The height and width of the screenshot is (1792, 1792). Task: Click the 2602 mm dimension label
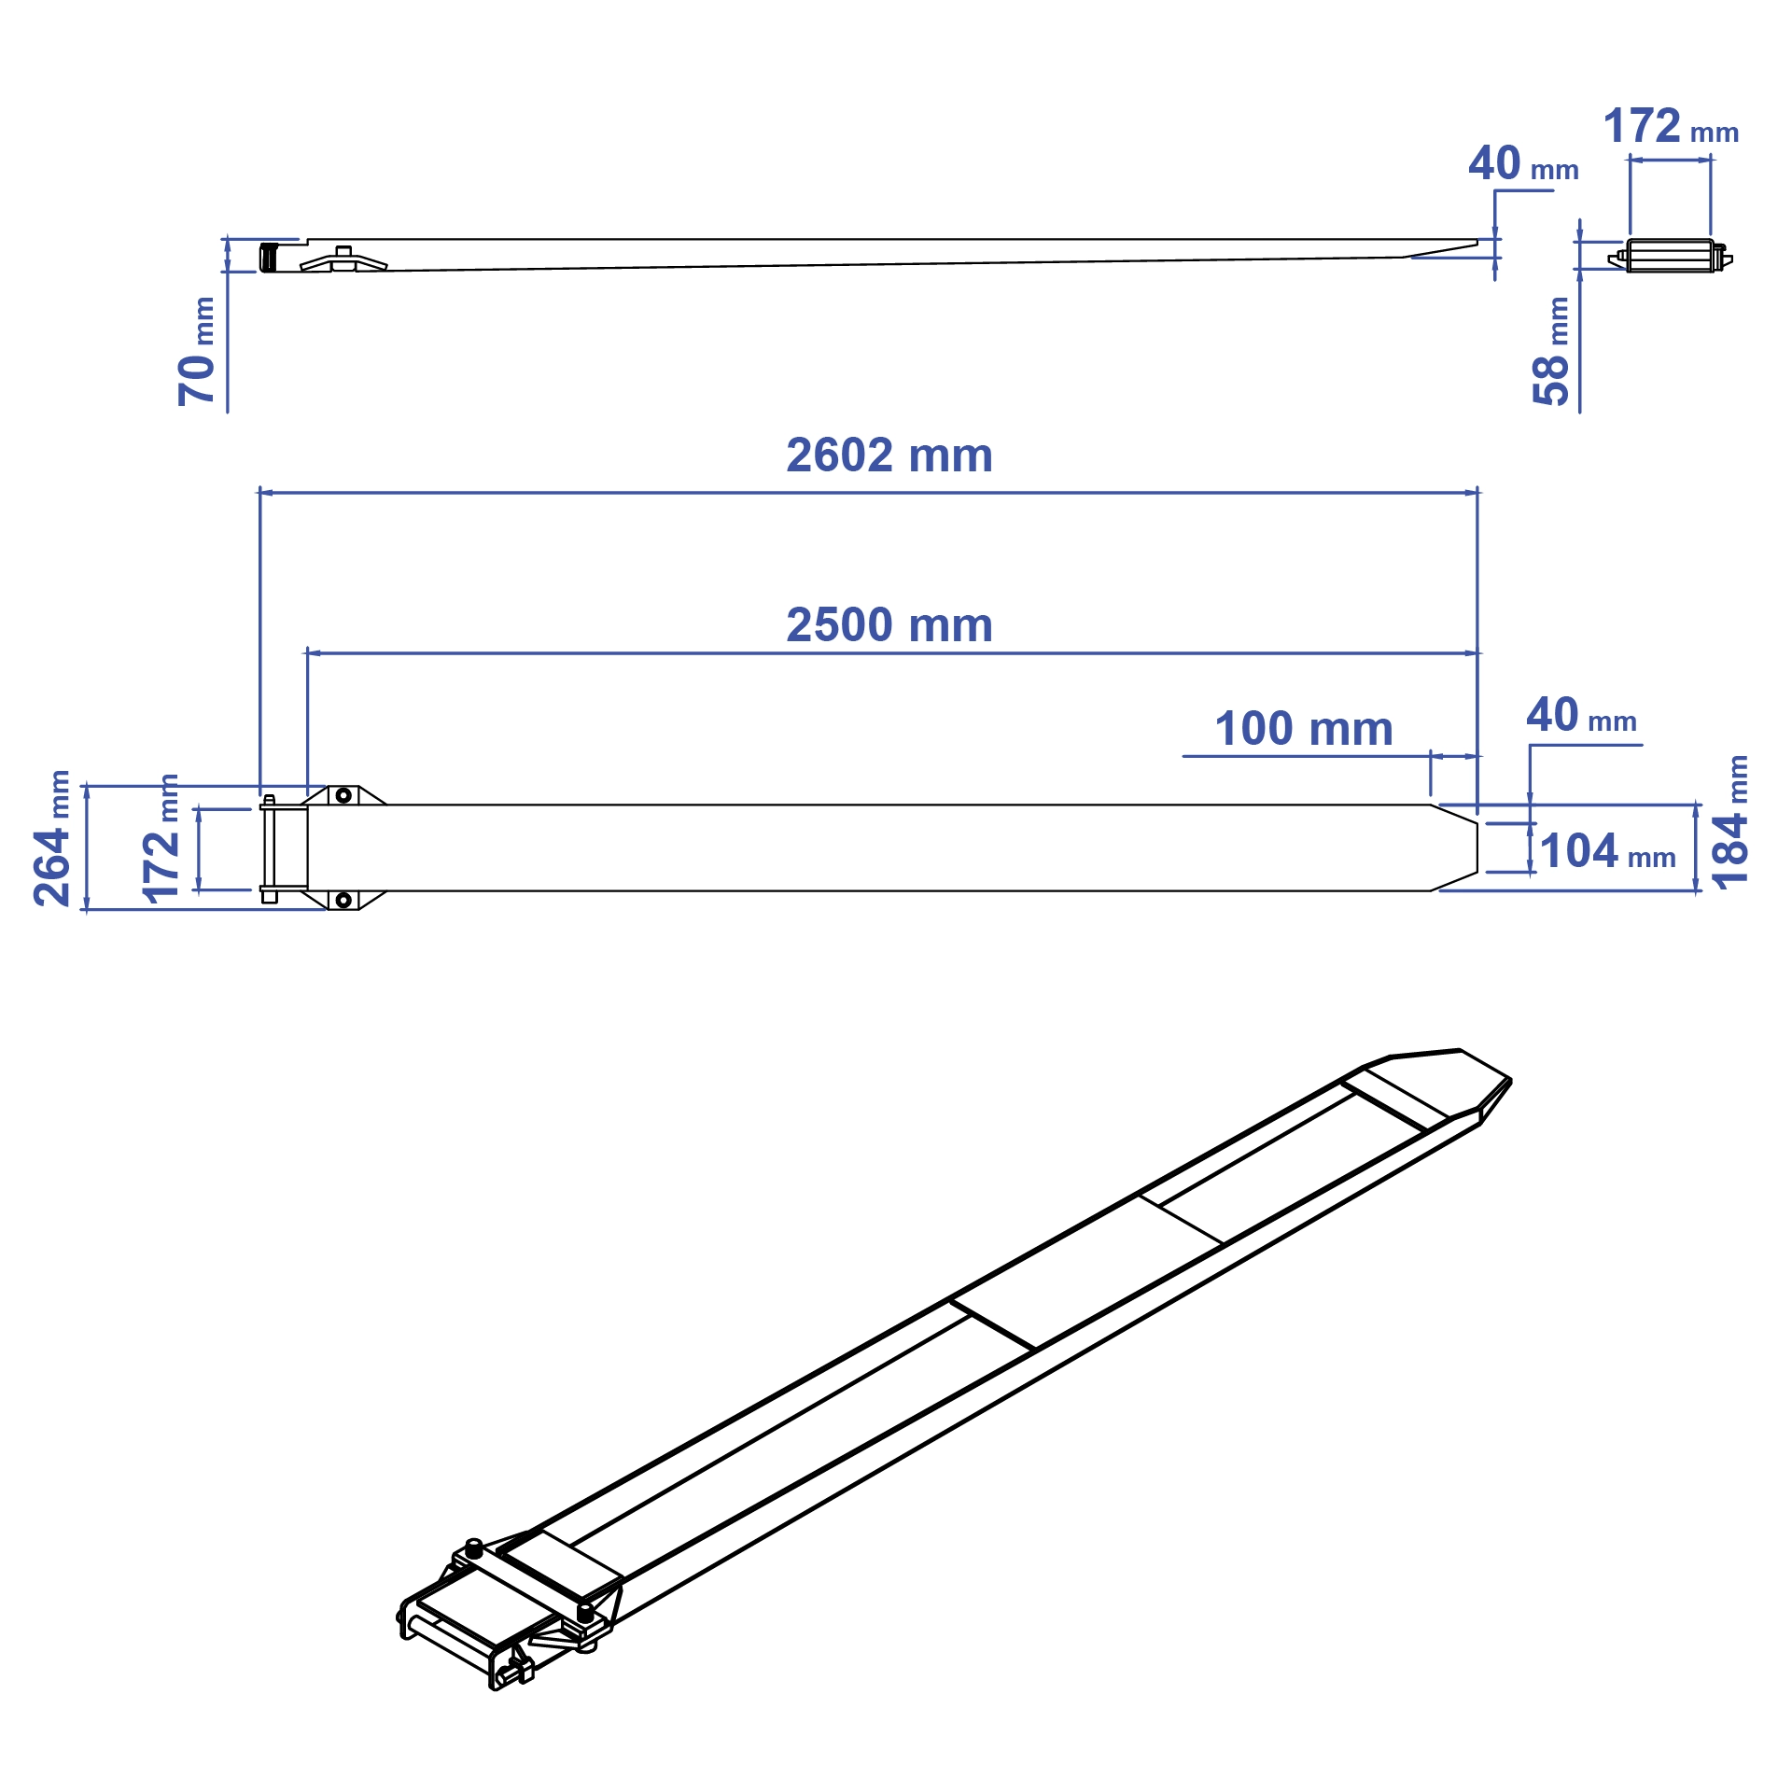pyautogui.click(x=889, y=455)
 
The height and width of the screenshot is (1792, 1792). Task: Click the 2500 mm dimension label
pyautogui.click(x=889, y=624)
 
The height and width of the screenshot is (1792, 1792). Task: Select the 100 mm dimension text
pyautogui.click(x=1303, y=728)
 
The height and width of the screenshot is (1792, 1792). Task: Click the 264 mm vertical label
pyautogui.click(x=52, y=838)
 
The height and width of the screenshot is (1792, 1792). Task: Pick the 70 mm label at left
pyautogui.click(x=197, y=352)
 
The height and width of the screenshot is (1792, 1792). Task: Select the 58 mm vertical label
pyautogui.click(x=1551, y=352)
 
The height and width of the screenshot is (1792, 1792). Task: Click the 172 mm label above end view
pyautogui.click(x=1670, y=127)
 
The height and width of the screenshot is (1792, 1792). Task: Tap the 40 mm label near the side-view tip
pyautogui.click(x=1522, y=165)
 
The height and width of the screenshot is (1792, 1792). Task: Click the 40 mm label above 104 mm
pyautogui.click(x=1580, y=716)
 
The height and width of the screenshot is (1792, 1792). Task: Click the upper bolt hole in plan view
pyautogui.click(x=343, y=795)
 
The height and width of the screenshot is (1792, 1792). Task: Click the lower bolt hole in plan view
pyautogui.click(x=343, y=900)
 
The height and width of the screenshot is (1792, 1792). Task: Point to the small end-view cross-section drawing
pyautogui.click(x=1671, y=256)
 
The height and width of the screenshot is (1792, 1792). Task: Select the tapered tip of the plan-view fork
pyautogui.click(x=1456, y=847)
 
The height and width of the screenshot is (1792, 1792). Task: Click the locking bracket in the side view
pyautogui.click(x=343, y=261)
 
